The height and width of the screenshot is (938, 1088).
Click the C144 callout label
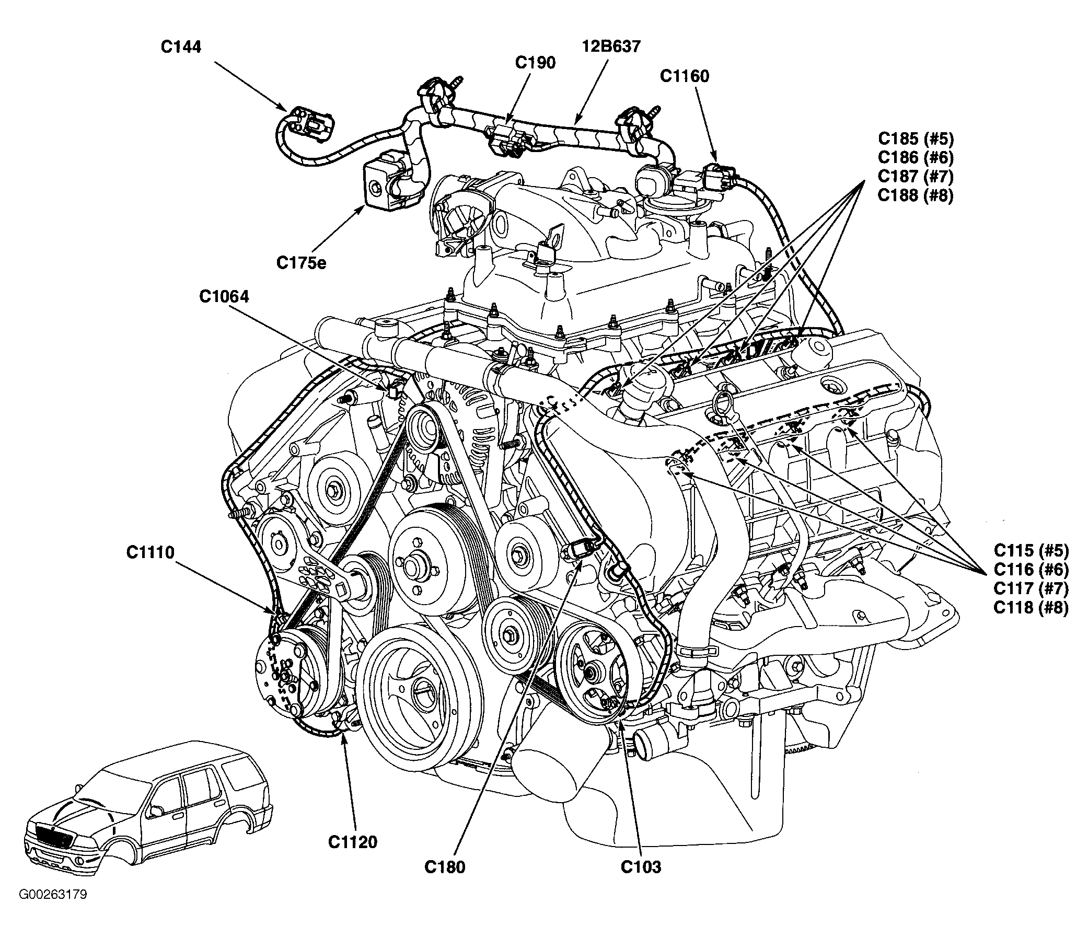181,47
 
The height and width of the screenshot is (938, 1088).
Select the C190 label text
535,63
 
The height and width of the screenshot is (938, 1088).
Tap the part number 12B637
611,47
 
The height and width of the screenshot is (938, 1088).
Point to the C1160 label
684,76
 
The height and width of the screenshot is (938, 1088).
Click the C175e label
302,262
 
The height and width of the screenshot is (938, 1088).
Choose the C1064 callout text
224,297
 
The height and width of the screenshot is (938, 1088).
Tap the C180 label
445,867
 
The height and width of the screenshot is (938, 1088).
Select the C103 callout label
641,867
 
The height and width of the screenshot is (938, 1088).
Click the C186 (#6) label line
916,158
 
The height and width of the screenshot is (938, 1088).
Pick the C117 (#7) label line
1031,588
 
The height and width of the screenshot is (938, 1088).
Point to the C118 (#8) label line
1031,607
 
